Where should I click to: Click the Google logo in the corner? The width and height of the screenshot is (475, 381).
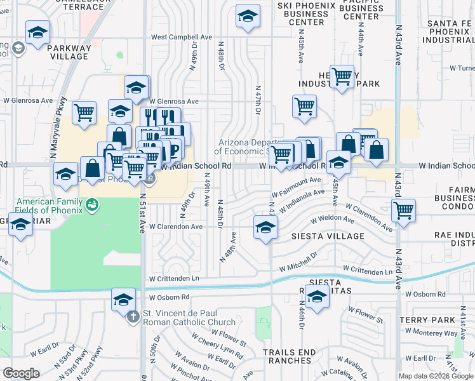coord(21,373)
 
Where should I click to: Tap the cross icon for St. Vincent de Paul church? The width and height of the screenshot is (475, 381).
coord(133,316)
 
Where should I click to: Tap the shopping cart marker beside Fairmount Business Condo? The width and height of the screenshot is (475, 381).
coord(403,210)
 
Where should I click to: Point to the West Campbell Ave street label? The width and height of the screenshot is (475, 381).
coord(181,37)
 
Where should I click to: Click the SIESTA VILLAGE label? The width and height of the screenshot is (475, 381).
coord(327,236)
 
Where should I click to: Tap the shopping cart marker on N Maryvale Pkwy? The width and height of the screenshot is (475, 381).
coord(84,112)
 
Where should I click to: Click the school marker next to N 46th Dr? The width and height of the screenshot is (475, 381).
coord(316,296)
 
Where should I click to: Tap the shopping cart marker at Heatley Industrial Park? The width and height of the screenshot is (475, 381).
coord(342,77)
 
